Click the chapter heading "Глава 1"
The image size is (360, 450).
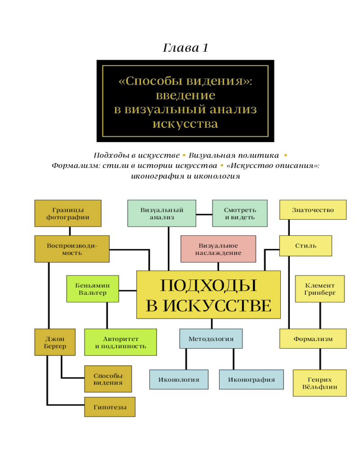click(x=185, y=48)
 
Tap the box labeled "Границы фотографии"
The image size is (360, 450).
click(x=67, y=213)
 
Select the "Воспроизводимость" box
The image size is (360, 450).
click(x=72, y=249)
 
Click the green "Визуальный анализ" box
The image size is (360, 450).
click(x=162, y=213)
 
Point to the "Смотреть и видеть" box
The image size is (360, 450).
click(x=240, y=213)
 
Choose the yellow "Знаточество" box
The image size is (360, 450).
click(x=313, y=210)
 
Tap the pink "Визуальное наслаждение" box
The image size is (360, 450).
click(x=218, y=249)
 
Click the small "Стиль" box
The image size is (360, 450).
click(x=306, y=246)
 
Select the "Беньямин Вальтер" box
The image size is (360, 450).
click(x=93, y=289)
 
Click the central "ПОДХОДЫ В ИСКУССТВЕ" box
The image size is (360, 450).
click(x=208, y=295)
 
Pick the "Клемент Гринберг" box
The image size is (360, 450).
click(x=319, y=289)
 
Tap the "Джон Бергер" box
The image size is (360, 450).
click(x=55, y=342)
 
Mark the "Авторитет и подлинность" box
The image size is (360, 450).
click(x=120, y=342)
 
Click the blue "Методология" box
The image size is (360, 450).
click(x=211, y=339)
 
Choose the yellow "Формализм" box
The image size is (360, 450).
click(x=313, y=339)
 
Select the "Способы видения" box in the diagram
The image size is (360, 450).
click(x=108, y=379)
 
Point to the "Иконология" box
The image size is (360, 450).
click(x=179, y=379)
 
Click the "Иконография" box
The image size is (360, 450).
click(x=251, y=379)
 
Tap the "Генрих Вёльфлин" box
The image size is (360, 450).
click(x=319, y=383)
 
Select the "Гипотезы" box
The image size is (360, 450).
click(x=109, y=407)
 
